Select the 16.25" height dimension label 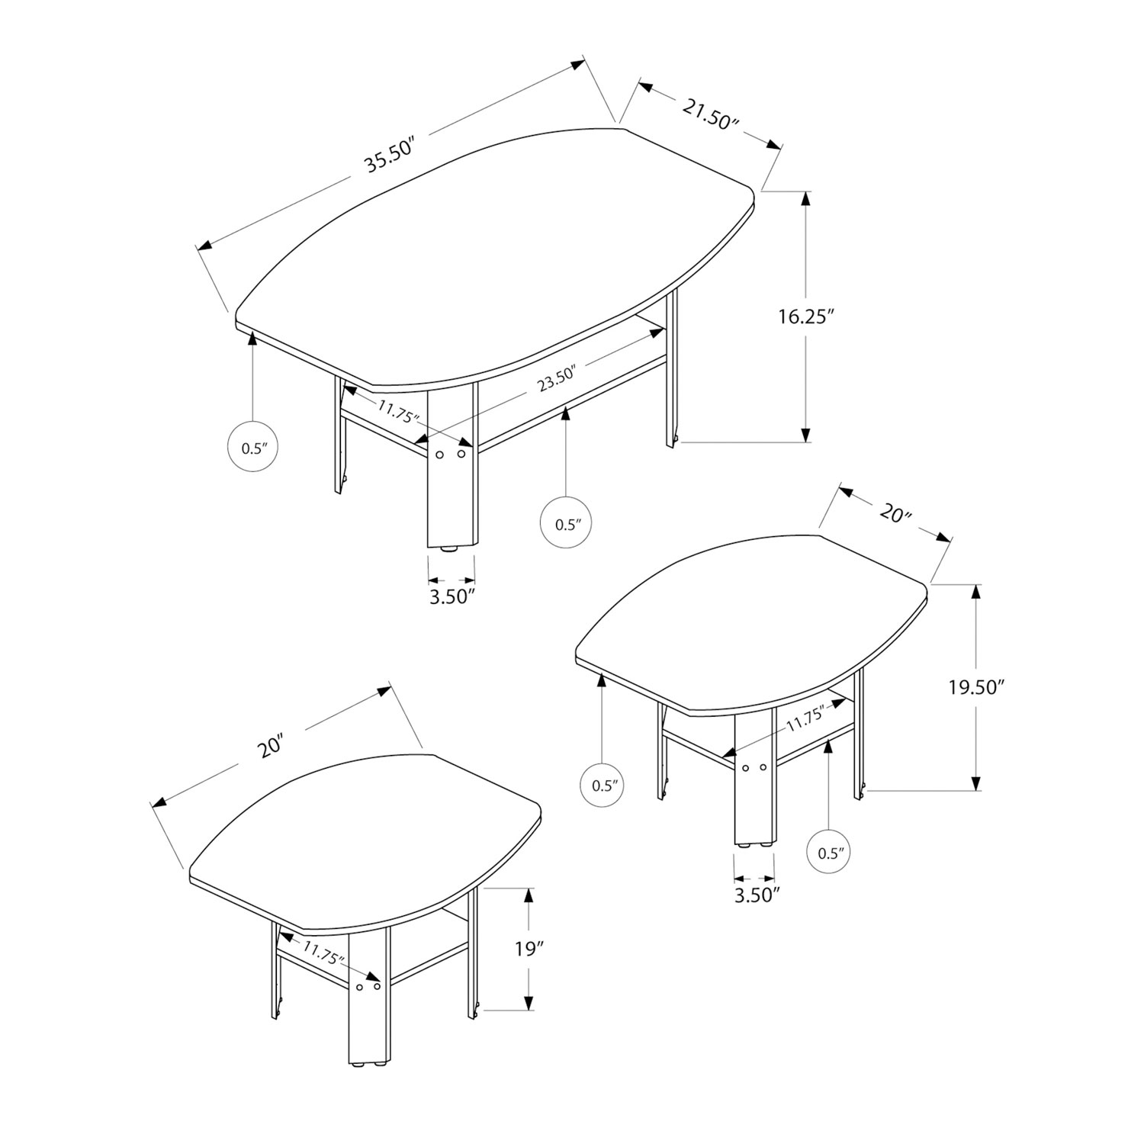[x=802, y=317]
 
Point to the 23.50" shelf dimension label [x=556, y=380]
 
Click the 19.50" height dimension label [x=973, y=687]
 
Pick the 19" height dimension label [x=529, y=950]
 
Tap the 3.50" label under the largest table [x=452, y=596]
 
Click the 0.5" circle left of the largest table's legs [x=252, y=448]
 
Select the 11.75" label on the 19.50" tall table [x=805, y=716]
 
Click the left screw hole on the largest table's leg [x=439, y=455]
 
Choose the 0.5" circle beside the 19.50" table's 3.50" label [x=828, y=853]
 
